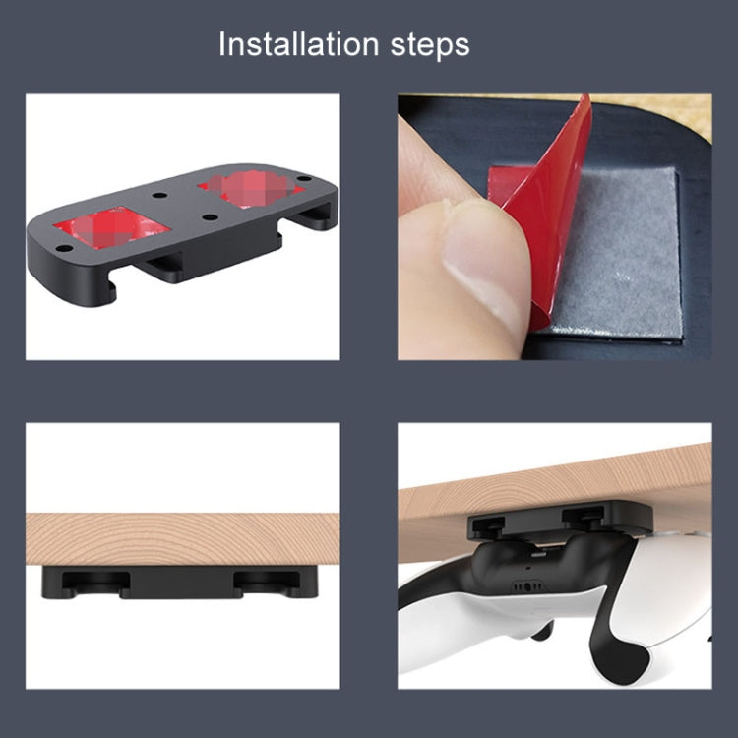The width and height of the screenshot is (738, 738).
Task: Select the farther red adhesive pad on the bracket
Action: [x=250, y=188]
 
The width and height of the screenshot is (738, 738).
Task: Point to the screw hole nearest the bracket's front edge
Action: [x=62, y=248]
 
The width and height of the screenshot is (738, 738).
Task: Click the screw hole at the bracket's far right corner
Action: [x=303, y=180]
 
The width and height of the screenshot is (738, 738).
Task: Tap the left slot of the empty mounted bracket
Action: [x=94, y=582]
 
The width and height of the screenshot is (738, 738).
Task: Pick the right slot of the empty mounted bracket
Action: [x=266, y=582]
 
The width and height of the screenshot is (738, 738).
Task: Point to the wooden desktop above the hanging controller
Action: [x=551, y=487]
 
